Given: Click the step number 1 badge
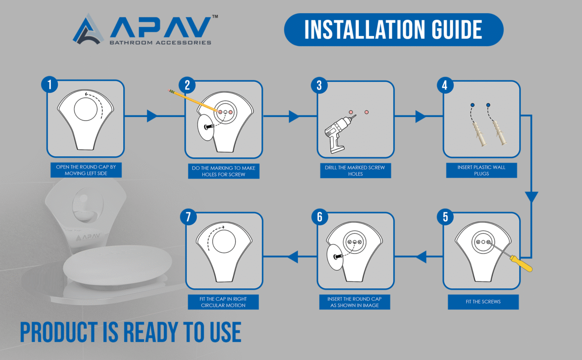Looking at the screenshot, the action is (x=49, y=84).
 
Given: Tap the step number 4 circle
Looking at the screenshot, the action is (x=445, y=85).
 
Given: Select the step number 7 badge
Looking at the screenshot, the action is (x=188, y=217).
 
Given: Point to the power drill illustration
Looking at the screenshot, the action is (x=338, y=134).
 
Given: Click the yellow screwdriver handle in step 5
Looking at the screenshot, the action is (x=521, y=264).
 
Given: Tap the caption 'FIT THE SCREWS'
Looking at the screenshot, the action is (x=483, y=302).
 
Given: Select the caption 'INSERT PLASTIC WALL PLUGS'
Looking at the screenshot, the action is (x=482, y=170).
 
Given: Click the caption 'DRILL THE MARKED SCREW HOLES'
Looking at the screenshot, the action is (x=355, y=171).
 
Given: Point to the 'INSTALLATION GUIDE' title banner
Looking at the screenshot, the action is (x=394, y=30).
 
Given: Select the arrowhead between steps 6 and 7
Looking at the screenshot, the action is (x=293, y=257).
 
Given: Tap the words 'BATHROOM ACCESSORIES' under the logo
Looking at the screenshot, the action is (x=161, y=43).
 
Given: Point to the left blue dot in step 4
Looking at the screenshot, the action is (x=472, y=105).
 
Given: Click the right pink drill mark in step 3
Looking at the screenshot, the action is (x=366, y=112).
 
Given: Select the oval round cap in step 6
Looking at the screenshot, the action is (x=335, y=257).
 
